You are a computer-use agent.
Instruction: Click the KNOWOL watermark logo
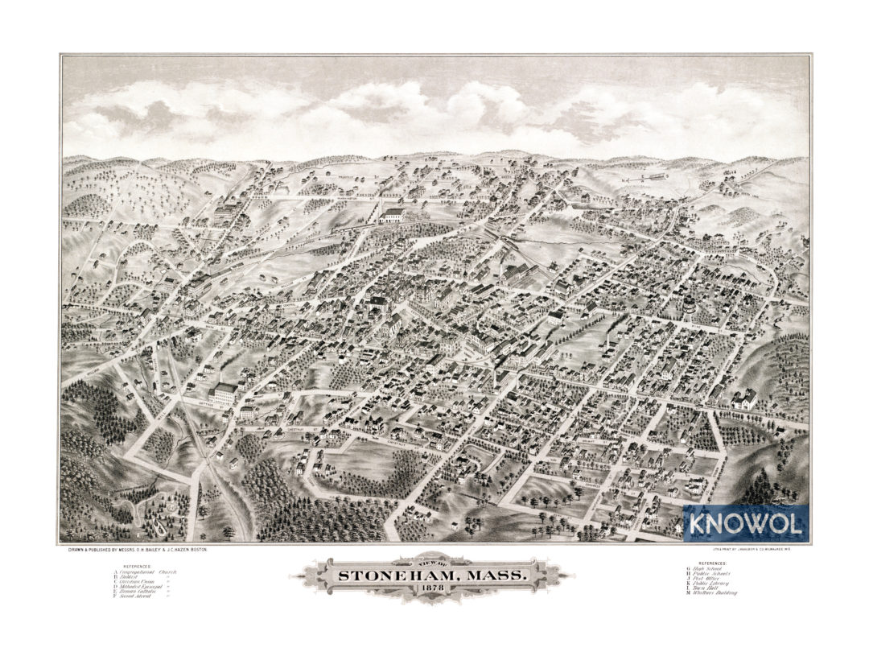(x=745, y=524)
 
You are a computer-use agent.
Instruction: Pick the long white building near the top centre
(x=392, y=215)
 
